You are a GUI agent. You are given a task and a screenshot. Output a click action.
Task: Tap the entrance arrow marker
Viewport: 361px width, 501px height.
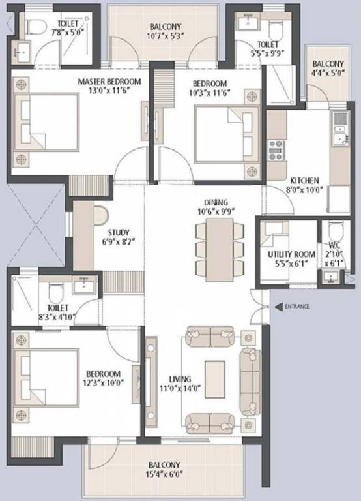278,306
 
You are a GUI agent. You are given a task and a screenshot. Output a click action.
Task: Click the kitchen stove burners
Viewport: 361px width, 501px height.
275,147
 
